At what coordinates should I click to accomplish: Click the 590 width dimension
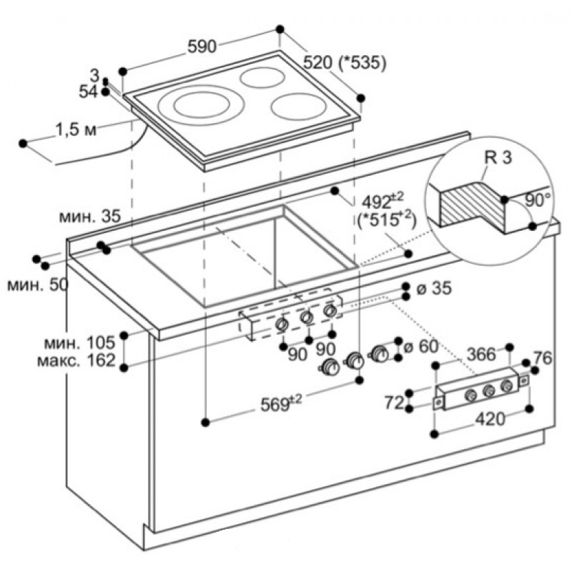click(x=202, y=47)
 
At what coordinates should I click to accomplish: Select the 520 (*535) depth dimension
click(x=345, y=63)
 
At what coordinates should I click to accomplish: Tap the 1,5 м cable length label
click(x=76, y=130)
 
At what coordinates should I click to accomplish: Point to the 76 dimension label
click(x=543, y=358)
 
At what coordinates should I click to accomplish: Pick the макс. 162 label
click(x=77, y=360)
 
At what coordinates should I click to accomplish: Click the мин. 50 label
click(x=37, y=285)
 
